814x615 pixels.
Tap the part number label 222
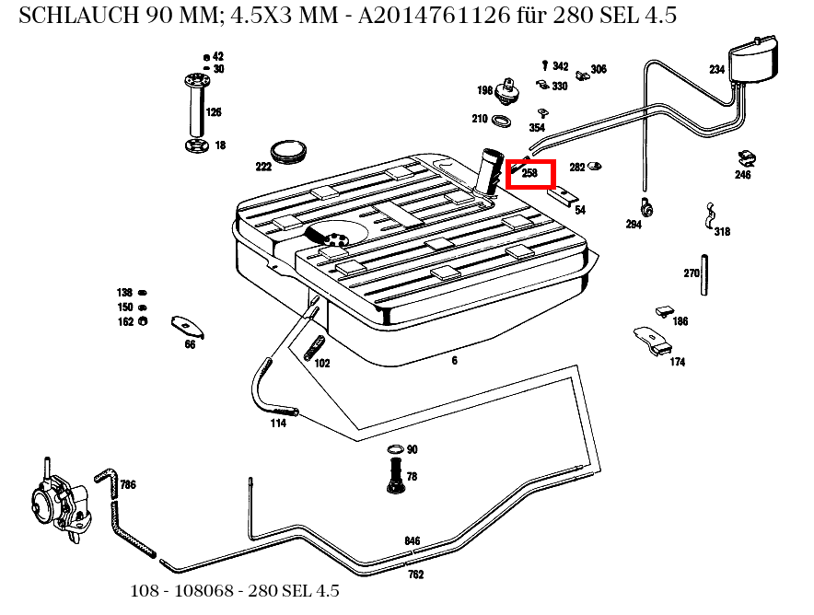(x=263, y=167)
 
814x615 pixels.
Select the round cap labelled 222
(x=288, y=151)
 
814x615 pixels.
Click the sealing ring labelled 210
(x=500, y=121)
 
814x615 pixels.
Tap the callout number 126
(x=214, y=112)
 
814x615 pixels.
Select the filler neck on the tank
(x=490, y=171)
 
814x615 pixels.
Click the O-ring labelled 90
(x=395, y=449)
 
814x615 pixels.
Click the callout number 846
(x=413, y=540)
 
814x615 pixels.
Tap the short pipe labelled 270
(x=704, y=275)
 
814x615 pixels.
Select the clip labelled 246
(x=747, y=158)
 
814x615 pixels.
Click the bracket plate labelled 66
(x=187, y=327)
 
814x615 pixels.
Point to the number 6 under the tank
(x=454, y=360)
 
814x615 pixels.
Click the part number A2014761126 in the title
(x=434, y=15)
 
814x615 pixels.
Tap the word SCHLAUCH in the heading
(x=79, y=15)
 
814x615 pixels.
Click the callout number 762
(x=416, y=574)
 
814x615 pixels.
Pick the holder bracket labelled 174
(x=653, y=340)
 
